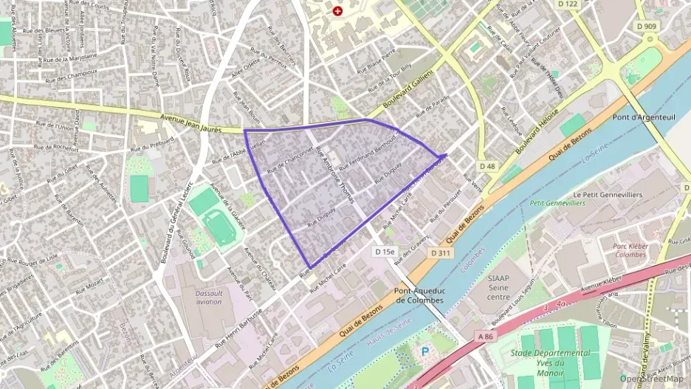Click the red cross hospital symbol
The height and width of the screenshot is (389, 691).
coord(337,11)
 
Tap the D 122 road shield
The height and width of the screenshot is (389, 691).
coord(568,4)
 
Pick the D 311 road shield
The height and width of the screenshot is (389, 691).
coord(441,254)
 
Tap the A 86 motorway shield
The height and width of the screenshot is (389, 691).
coord(484,336)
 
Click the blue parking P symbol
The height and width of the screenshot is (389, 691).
coord(424,352)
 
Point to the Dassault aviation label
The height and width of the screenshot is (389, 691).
coord(208,297)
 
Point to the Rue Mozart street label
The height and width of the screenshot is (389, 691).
coord(89,284)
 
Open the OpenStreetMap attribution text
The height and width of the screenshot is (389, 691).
coord(653,379)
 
